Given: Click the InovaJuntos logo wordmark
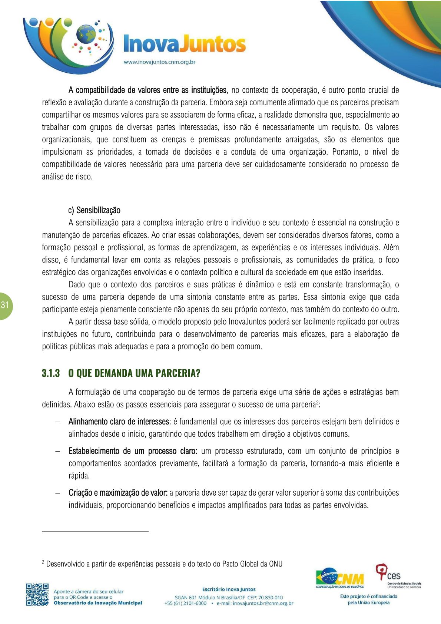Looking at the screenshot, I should click(x=184, y=44).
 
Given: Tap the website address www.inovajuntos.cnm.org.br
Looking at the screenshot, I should click(x=159, y=62).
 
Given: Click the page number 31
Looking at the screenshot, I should click(x=5, y=305).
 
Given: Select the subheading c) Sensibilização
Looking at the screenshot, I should click(x=94, y=210).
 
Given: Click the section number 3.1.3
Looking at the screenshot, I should click(x=51, y=373).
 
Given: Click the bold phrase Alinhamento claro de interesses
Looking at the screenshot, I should click(x=119, y=422).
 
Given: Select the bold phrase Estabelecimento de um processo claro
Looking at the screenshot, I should click(x=133, y=451).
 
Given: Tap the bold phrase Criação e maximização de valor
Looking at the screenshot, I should click(x=118, y=493).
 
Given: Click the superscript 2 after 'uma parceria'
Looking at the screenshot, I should click(x=317, y=402).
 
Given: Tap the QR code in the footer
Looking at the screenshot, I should click(x=37, y=595).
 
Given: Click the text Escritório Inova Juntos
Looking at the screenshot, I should click(x=229, y=589).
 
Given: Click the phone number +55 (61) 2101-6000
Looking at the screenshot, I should click(x=185, y=603).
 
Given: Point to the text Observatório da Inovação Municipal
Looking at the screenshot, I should click(x=98, y=603).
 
